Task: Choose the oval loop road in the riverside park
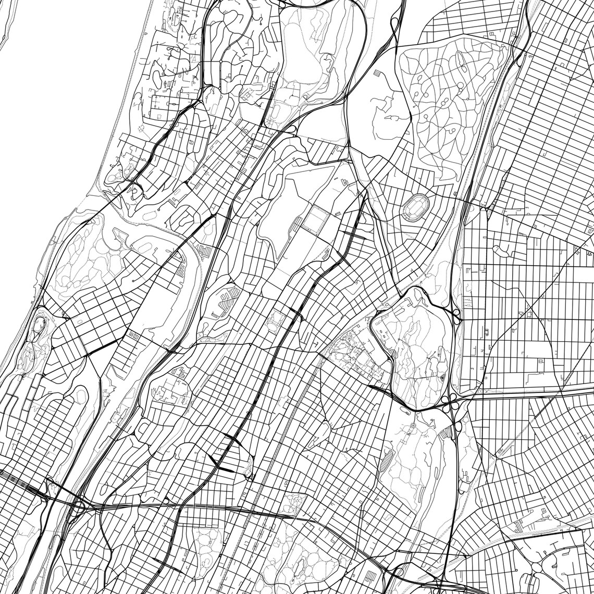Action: pos(40,326)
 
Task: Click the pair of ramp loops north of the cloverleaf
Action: pos(456,315)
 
